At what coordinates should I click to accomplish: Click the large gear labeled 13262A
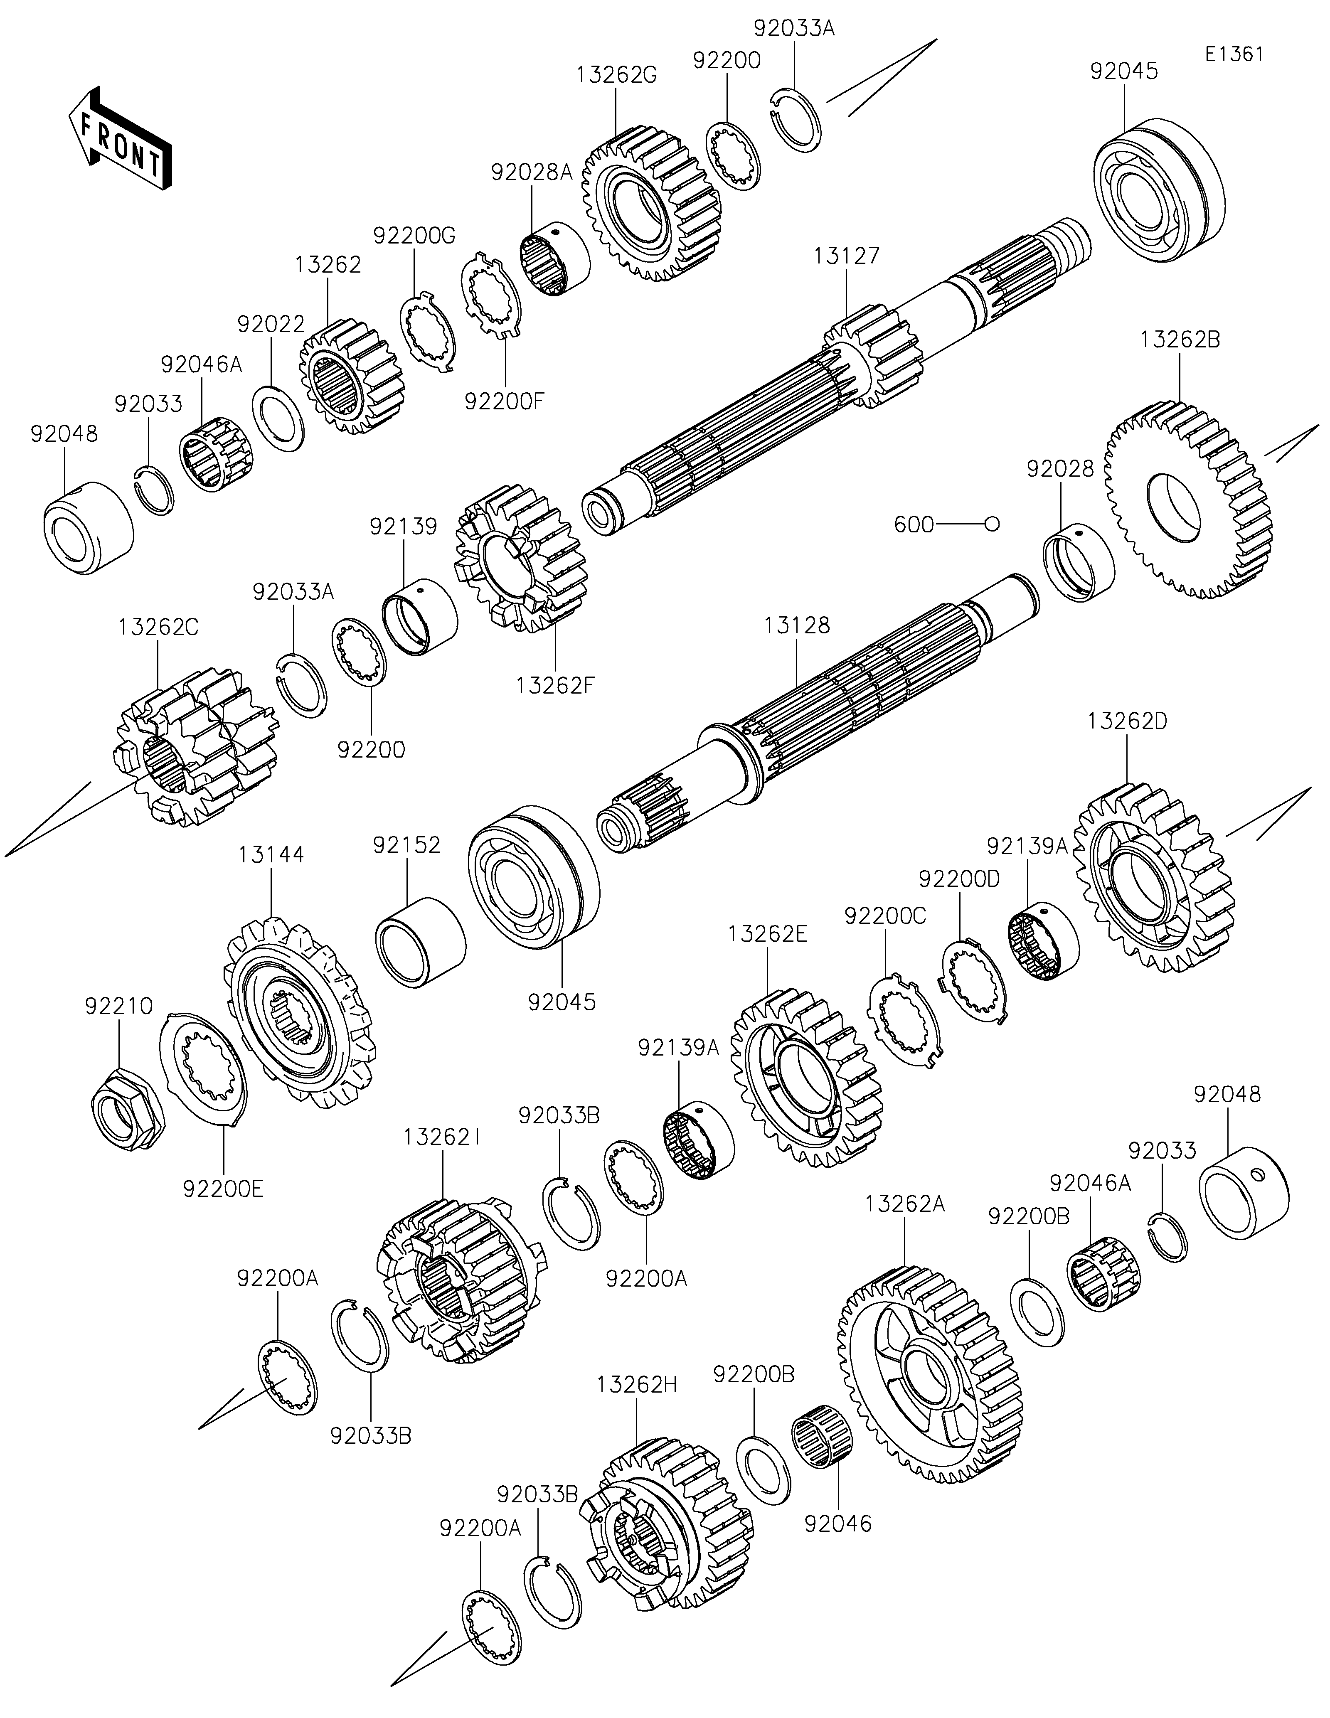[931, 1375]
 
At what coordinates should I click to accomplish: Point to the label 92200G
[414, 235]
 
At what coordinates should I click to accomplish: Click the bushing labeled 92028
[1078, 562]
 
